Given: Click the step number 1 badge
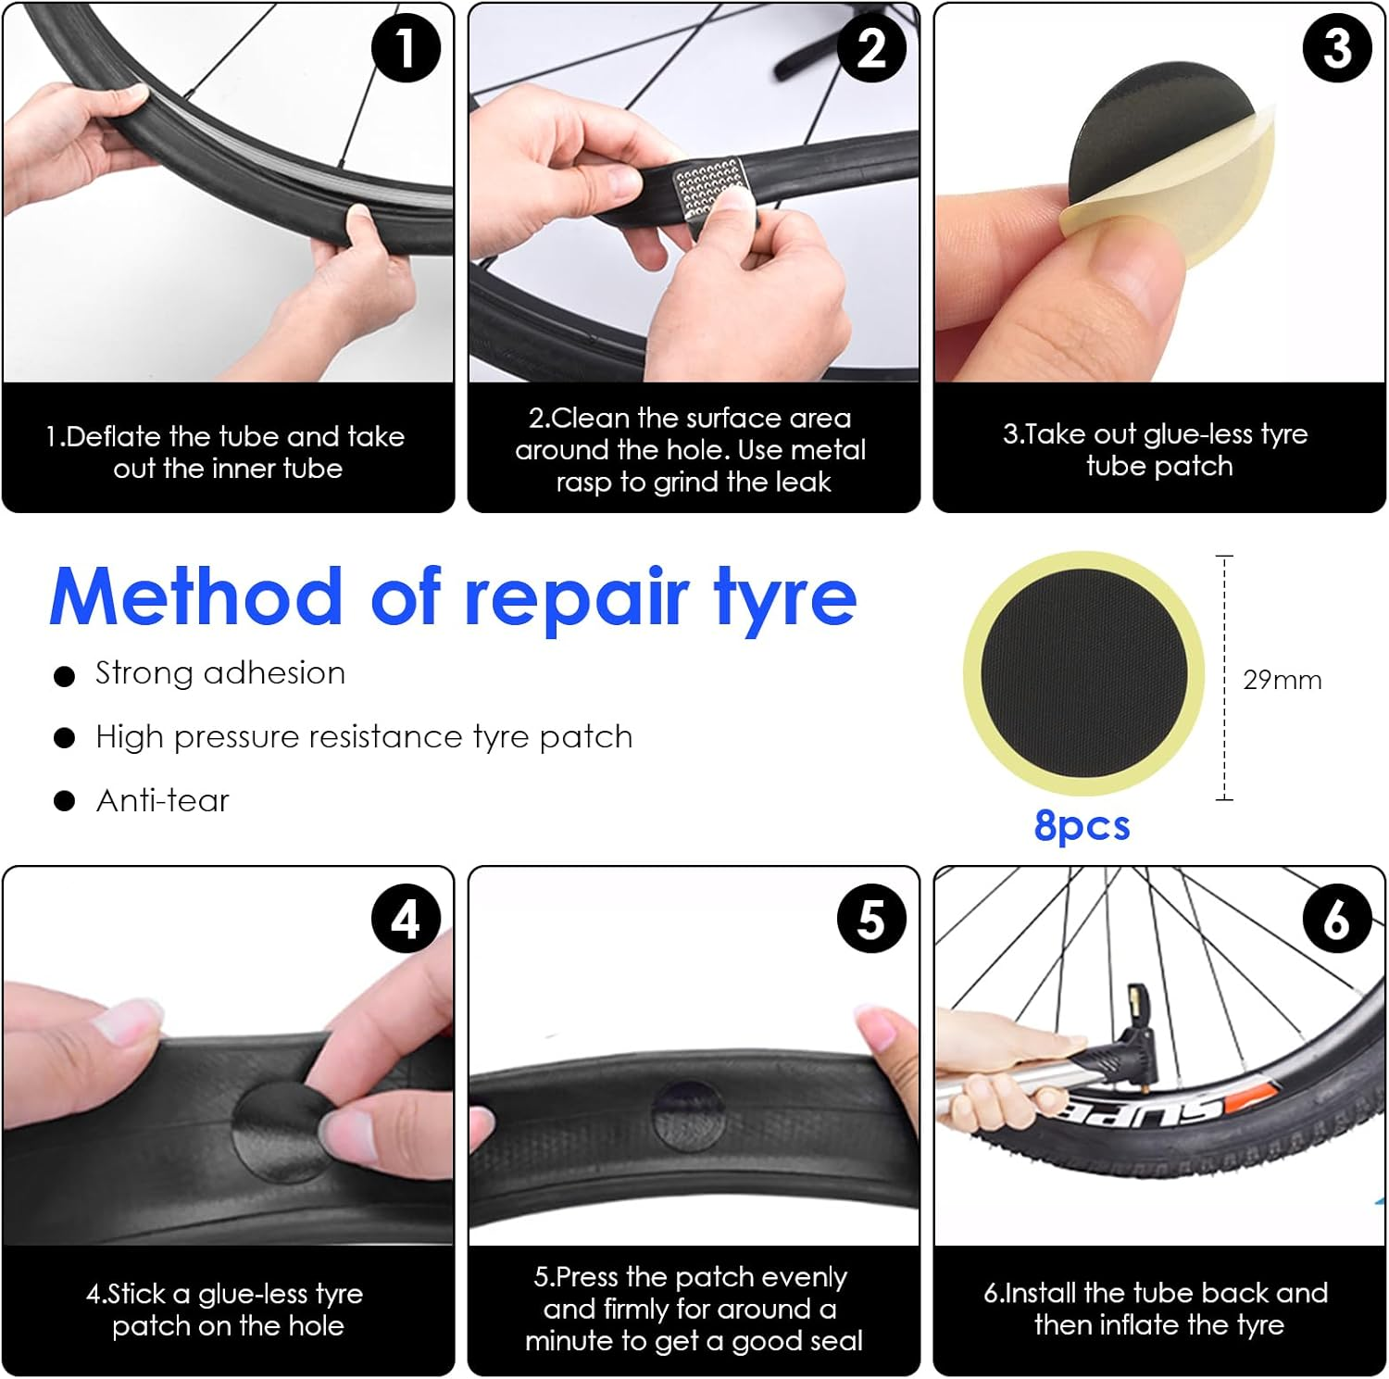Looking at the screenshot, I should (x=406, y=47).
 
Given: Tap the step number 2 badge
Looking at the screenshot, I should (x=871, y=47).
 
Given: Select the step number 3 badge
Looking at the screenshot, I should (x=1337, y=47).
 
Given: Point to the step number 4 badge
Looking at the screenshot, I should (x=406, y=920).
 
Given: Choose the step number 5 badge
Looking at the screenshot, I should (x=871, y=920).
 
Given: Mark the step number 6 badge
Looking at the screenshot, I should (x=1337, y=920).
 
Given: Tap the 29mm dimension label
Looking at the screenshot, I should (x=1282, y=680).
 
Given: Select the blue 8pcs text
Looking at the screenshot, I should (x=1082, y=825).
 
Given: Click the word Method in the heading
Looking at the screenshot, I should (x=196, y=597).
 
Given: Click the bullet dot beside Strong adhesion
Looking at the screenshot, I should (x=64, y=676).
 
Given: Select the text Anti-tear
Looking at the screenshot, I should (x=163, y=800).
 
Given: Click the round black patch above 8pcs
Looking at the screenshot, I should (x=1083, y=673).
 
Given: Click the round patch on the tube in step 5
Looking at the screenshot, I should (x=688, y=1111).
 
